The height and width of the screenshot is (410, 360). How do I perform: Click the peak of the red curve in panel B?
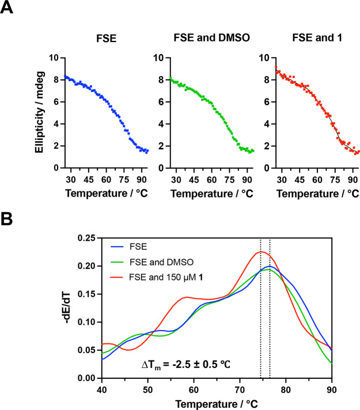coord(260,251)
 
